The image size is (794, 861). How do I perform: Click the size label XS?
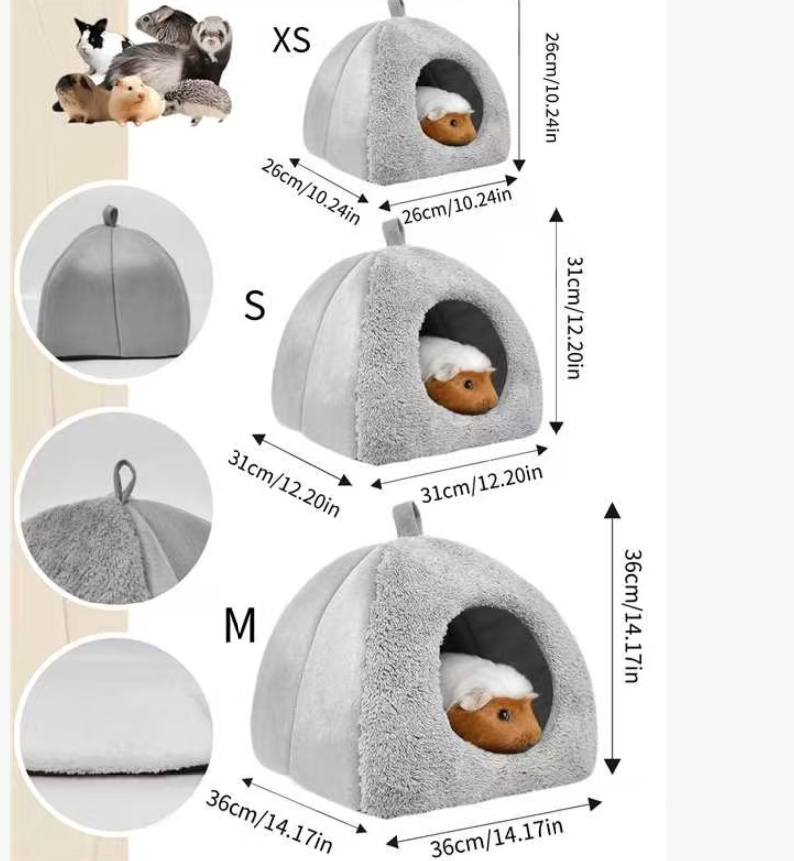tap(292, 40)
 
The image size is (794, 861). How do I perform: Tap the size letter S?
tap(255, 306)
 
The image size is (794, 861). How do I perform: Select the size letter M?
tap(239, 626)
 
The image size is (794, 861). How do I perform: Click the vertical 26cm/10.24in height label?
tap(550, 87)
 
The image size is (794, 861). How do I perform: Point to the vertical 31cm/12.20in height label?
tap(574, 316)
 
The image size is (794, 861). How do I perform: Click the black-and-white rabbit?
tap(101, 45)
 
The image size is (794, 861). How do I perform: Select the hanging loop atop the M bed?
tap(404, 518)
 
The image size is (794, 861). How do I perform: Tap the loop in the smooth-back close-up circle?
tap(111, 216)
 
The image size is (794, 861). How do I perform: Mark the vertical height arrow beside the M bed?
tap(612, 636)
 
